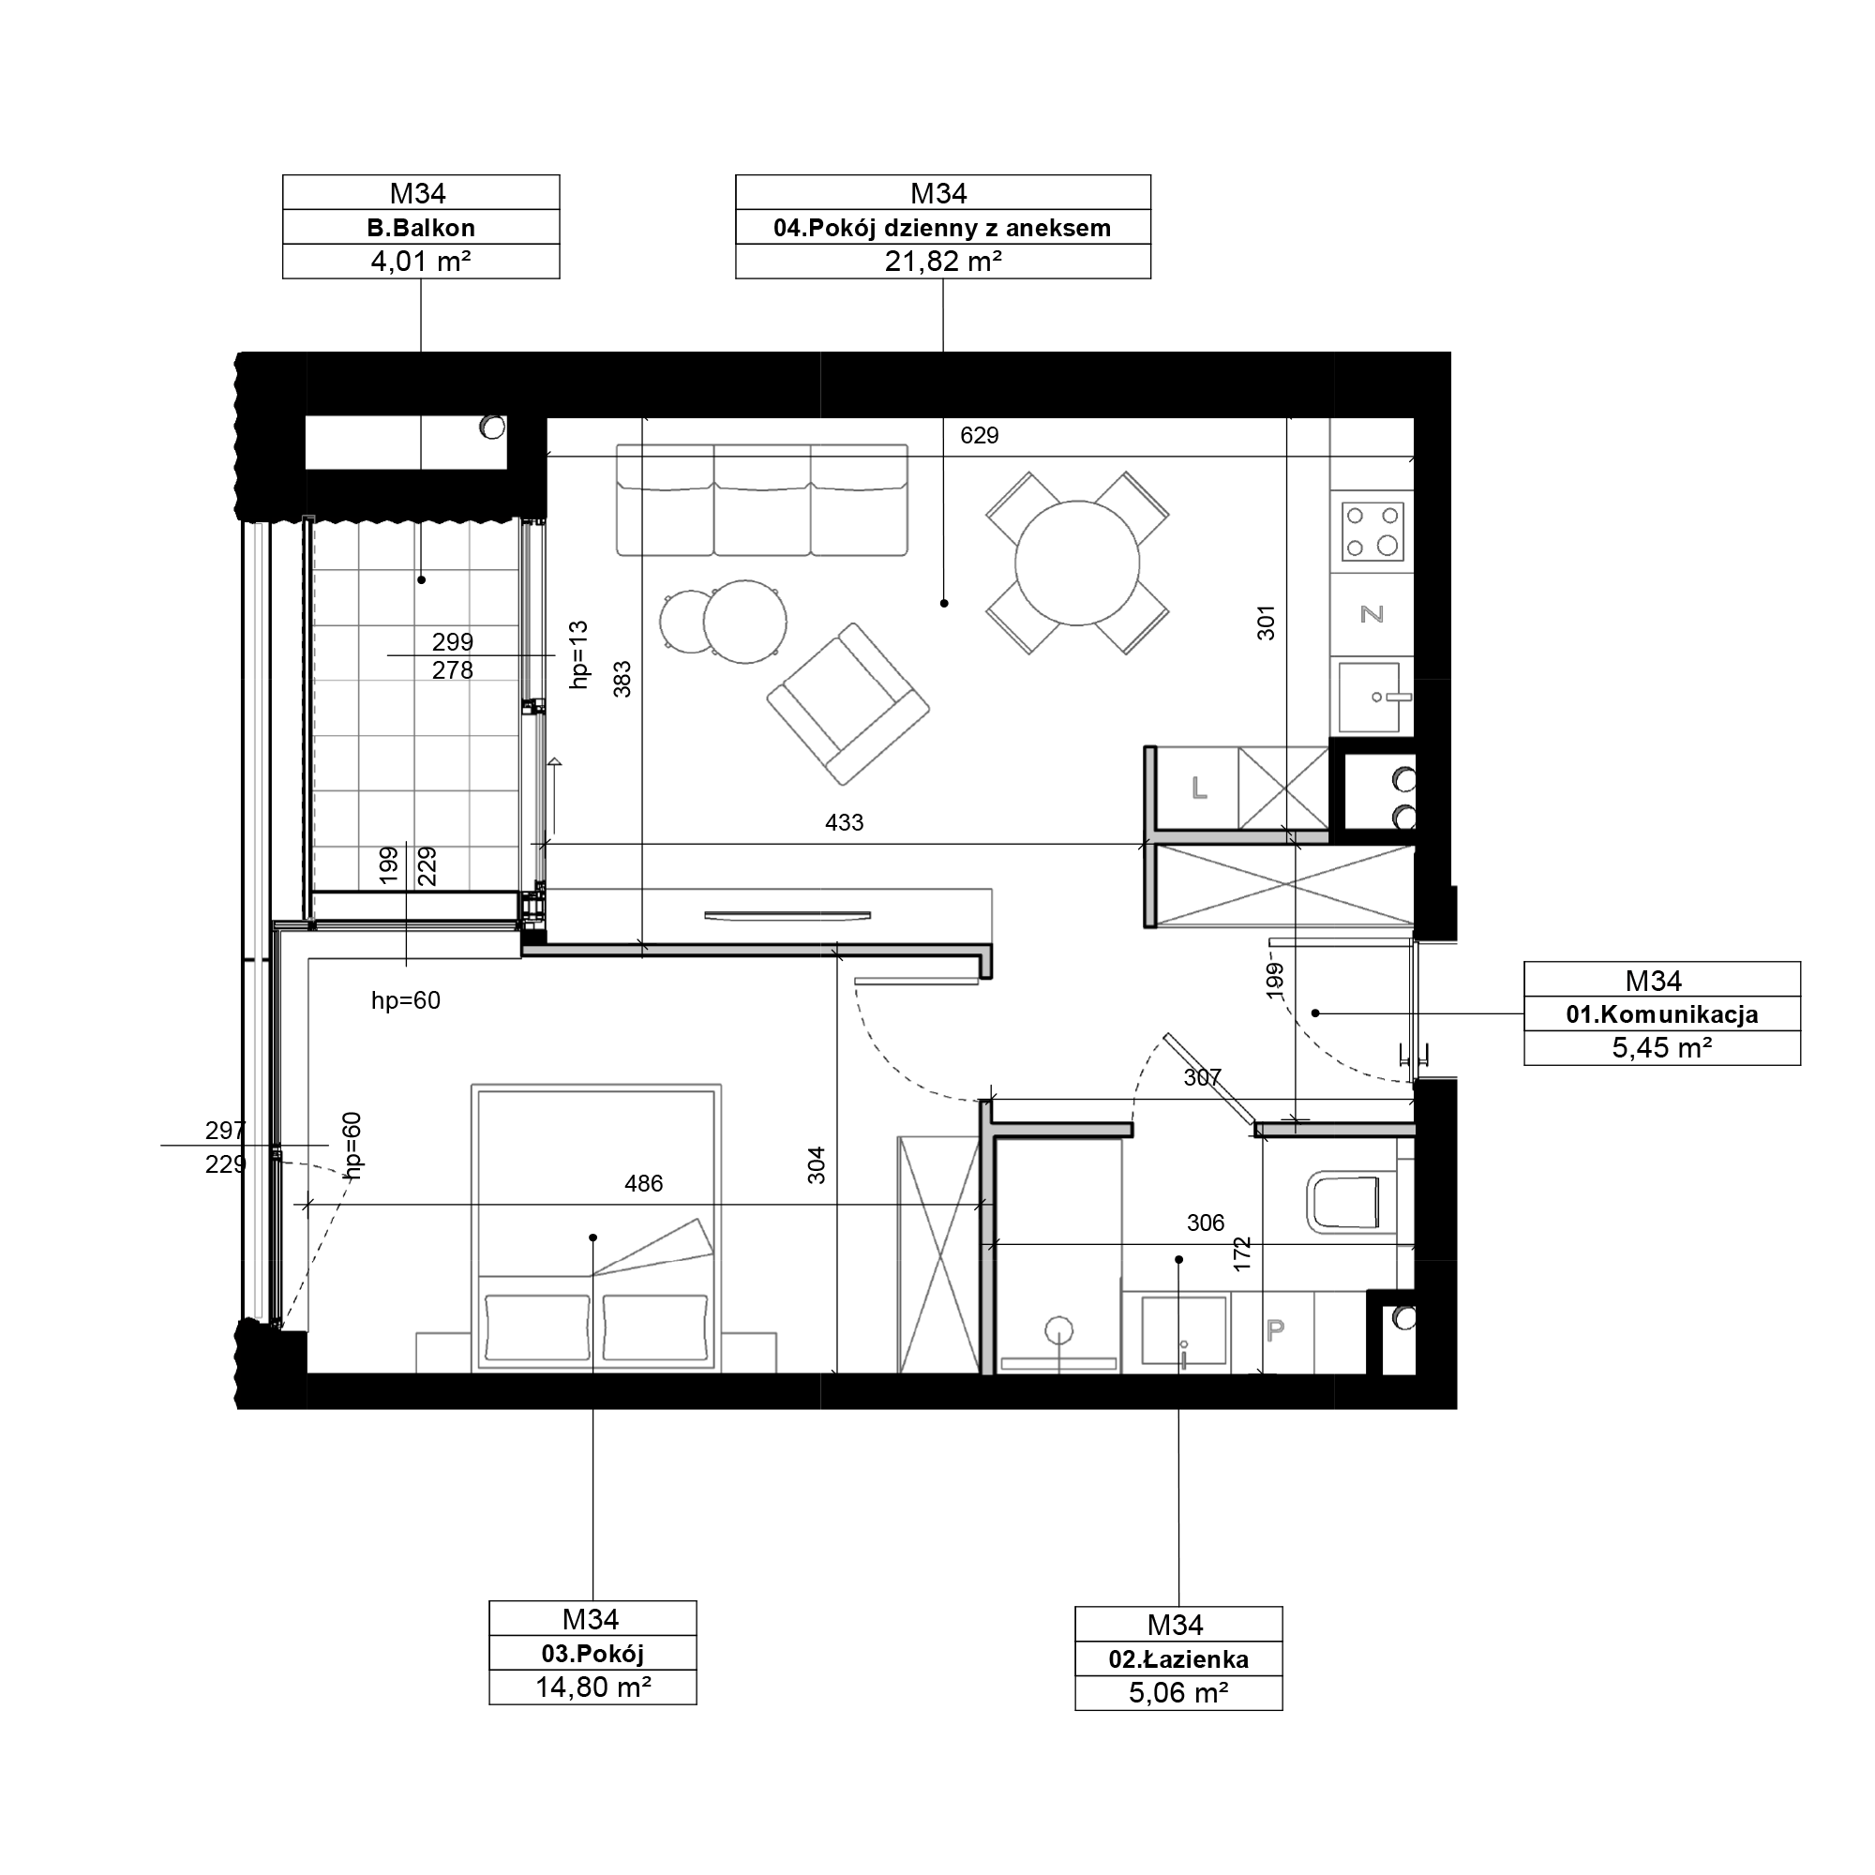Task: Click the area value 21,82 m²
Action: coord(942,261)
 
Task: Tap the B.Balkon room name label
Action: coord(420,228)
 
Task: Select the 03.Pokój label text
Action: coord(592,1654)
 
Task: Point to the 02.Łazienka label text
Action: coord(1178,1659)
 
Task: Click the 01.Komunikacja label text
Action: coord(1661,1015)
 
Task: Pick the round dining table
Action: coord(1077,562)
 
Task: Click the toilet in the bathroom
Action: coord(1350,1204)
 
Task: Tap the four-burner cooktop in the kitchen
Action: coord(1372,532)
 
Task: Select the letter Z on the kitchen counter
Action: coord(1372,613)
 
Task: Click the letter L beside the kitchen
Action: coord(1200,788)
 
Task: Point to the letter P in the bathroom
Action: coord(1275,1329)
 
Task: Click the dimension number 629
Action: coord(980,436)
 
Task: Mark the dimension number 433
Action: coord(844,823)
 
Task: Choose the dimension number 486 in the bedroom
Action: coord(643,1184)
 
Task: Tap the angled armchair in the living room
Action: coord(848,704)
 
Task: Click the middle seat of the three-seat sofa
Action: coord(762,501)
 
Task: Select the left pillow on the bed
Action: coord(537,1327)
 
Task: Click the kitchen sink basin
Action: coord(1369,697)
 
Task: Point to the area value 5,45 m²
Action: coord(1661,1048)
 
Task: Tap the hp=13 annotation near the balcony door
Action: coord(579,655)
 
